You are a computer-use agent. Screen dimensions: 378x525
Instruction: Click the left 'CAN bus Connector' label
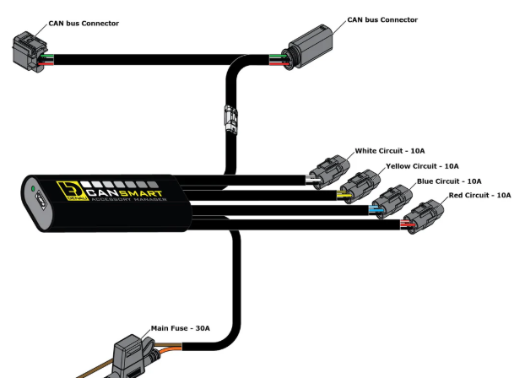pos(83,24)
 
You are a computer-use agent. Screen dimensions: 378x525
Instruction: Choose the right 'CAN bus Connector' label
pos(382,19)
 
